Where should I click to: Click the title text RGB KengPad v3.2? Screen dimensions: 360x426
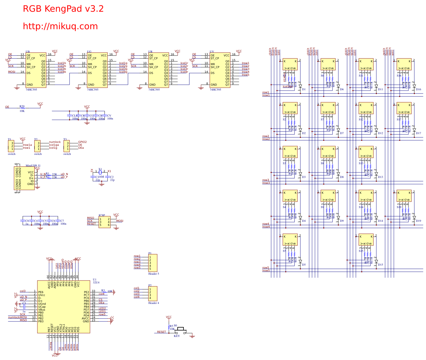[63, 9]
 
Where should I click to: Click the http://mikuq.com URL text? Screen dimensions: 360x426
[60, 26]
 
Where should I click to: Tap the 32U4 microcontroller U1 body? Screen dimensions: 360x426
[63, 307]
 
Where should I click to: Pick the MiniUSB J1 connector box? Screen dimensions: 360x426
[24, 178]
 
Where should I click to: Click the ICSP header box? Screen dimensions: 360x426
[104, 222]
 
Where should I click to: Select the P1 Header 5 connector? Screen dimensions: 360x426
[153, 263]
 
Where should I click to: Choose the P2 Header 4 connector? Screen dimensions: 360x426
[153, 294]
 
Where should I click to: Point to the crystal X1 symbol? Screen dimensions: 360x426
[100, 172]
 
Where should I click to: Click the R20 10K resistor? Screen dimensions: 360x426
[22, 108]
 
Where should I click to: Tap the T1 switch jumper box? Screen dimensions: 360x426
[11, 146]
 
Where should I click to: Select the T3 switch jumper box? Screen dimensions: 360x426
[67, 146]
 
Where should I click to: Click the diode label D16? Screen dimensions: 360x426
[419, 89]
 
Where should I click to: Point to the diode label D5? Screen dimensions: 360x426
[304, 265]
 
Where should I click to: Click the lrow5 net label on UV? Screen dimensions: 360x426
[245, 75]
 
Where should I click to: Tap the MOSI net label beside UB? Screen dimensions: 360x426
[12, 72]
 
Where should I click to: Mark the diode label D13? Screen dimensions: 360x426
[380, 177]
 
